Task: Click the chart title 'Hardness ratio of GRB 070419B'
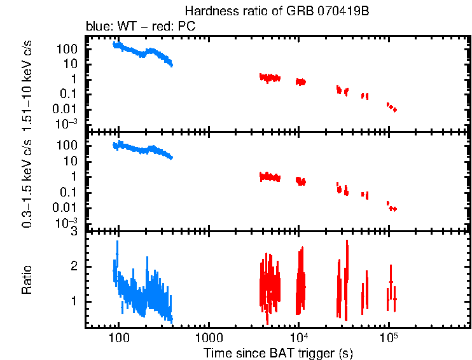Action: pos(277,11)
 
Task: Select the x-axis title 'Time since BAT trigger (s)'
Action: pos(278,352)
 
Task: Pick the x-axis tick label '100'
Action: pos(118,337)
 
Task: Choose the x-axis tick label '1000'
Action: pos(208,337)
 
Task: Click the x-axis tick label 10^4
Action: pos(298,336)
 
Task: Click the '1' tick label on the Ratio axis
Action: pos(74,300)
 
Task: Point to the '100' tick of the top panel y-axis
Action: pos(69,49)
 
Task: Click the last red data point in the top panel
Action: pos(395,110)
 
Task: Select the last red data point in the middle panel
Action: pos(395,209)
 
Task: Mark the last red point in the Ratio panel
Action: pos(395,299)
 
